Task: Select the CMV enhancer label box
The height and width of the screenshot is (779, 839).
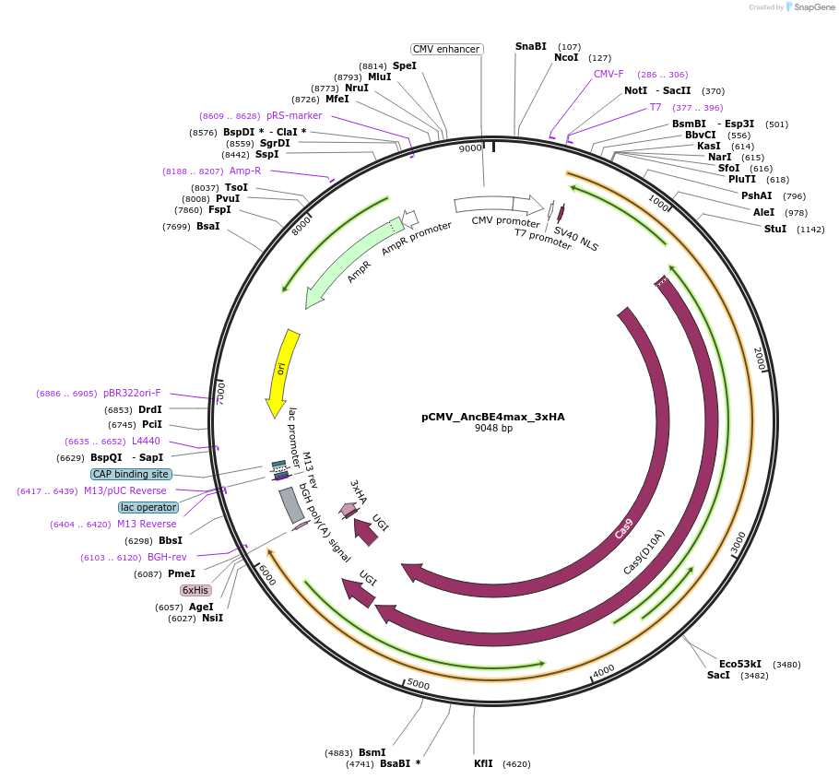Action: point(446,49)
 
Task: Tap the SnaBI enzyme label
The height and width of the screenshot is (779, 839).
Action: point(531,46)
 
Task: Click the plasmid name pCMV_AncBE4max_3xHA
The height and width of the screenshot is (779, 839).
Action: point(493,417)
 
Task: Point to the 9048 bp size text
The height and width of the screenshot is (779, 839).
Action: point(493,429)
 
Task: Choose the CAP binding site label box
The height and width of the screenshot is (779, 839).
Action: point(131,474)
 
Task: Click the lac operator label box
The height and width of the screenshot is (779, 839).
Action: point(148,507)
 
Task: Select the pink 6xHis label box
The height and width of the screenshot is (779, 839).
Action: point(195,590)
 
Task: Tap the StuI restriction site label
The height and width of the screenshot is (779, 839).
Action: point(775,229)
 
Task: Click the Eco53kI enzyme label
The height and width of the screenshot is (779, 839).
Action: point(740,664)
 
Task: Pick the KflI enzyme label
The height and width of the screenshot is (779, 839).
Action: point(484,763)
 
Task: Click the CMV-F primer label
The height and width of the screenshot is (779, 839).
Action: point(609,74)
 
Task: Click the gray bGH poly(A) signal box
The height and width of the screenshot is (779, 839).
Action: point(292,505)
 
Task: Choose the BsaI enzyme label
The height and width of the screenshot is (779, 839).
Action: point(208,227)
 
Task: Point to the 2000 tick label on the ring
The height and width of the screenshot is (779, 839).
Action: point(759,360)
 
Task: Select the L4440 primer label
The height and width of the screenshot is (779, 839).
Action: point(146,441)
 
